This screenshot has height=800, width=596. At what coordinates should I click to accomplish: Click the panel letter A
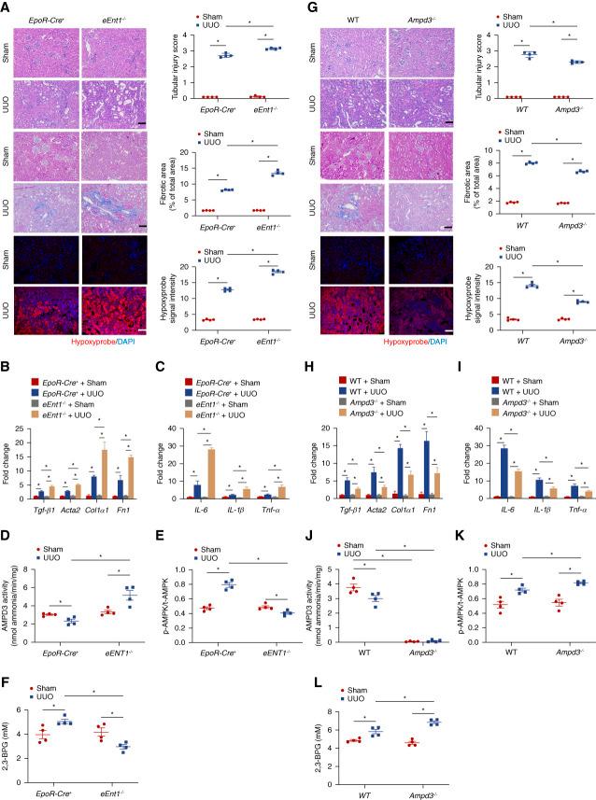click(7, 6)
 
